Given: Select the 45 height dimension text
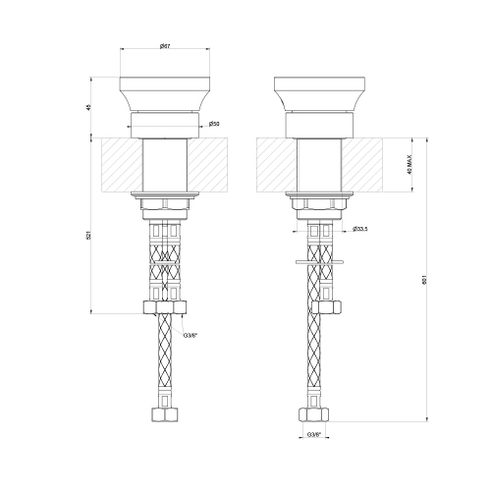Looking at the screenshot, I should point(90,106).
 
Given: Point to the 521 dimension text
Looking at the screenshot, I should point(90,239).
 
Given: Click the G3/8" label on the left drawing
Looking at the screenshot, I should point(191,335).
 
